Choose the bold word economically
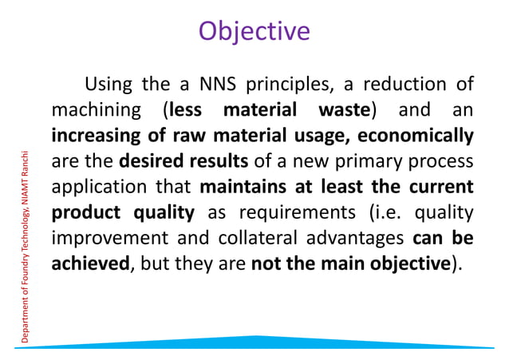pos(412,135)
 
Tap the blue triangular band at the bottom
pos(254,342)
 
